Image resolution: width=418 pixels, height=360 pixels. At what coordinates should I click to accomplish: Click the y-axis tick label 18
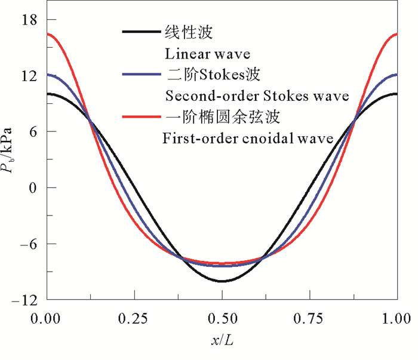click(x=28, y=20)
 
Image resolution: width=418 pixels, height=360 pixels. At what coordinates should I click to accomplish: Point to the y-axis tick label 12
click(x=28, y=76)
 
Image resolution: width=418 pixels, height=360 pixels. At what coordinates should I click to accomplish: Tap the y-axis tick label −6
click(x=28, y=244)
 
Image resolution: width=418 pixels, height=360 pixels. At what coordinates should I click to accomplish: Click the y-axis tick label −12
click(x=24, y=300)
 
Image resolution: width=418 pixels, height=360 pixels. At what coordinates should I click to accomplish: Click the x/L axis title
click(x=222, y=341)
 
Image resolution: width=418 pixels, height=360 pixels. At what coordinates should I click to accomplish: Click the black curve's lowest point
click(x=222, y=281)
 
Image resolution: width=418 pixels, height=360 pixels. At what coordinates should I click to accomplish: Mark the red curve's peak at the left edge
click(x=48, y=34)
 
